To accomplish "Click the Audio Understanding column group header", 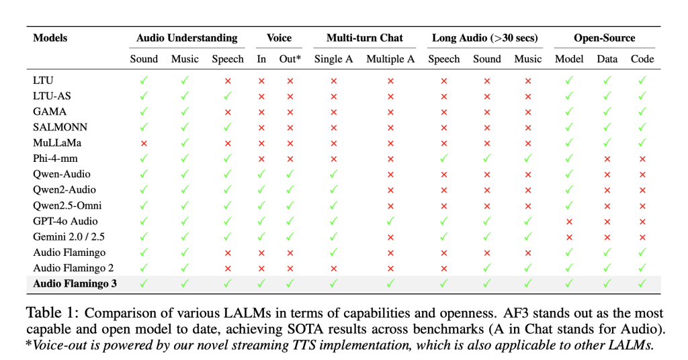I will (187, 38).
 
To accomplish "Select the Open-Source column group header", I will (604, 38).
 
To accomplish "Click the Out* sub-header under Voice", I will (290, 58).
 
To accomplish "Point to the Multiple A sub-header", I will (390, 58).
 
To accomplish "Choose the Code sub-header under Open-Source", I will (642, 58).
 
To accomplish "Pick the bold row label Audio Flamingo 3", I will (75, 283).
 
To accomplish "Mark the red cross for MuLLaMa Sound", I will (144, 143).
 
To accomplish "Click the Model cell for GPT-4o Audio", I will (568, 221).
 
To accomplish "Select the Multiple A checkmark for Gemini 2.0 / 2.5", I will (390, 236).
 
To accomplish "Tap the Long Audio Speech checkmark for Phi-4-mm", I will (443, 159).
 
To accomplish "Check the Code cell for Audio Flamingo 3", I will (642, 283).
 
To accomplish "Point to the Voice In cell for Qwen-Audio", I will (261, 174).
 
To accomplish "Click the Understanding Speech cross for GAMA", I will (228, 111).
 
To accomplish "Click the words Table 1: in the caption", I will (51, 314).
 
